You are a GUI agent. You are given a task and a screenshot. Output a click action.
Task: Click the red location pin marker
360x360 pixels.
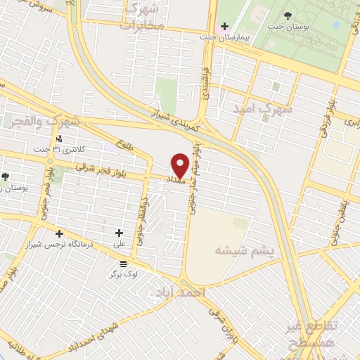[x=180, y=165]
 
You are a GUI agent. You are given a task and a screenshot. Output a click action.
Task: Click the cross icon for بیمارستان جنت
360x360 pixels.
[x=224, y=27]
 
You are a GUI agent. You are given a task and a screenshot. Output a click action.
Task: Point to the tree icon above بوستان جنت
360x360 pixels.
[x=290, y=14]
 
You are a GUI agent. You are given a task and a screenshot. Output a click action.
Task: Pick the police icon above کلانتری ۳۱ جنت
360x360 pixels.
[x=60, y=139]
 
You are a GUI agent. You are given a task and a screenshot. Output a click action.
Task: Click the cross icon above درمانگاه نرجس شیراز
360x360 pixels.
[x=59, y=233]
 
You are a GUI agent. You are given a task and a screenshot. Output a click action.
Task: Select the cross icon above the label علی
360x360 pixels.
[x=119, y=233]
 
